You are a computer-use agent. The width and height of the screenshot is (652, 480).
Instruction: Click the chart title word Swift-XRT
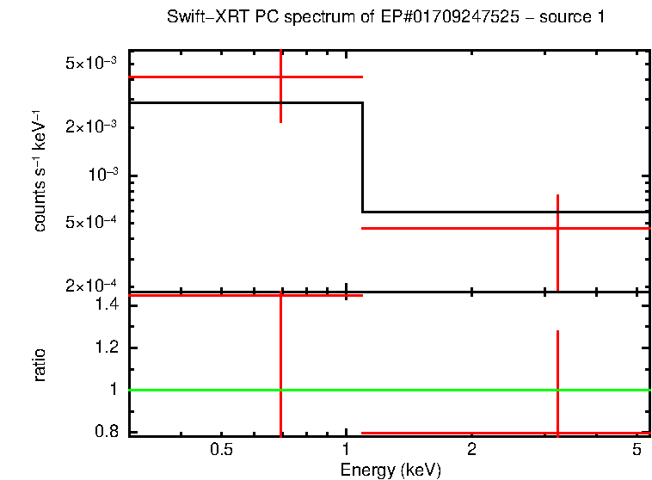(x=200, y=18)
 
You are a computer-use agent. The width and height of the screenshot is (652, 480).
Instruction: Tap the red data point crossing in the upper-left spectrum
(x=281, y=77)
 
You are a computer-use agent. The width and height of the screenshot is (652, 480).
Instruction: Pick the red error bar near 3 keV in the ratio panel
(x=558, y=378)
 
